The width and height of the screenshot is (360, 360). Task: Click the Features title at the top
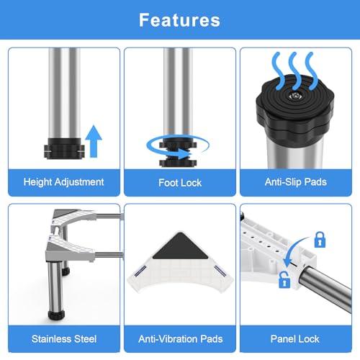(179, 20)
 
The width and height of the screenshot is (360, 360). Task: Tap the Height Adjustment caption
(64, 182)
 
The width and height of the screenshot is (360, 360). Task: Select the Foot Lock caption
(180, 183)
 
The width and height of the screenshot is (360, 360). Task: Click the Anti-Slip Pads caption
(296, 182)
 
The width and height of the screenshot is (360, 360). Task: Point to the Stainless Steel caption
(64, 339)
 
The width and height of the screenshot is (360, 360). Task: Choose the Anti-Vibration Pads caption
(181, 339)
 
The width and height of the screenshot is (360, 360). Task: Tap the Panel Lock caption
(295, 339)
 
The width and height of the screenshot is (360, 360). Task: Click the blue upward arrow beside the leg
(94, 141)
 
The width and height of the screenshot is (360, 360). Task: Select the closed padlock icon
(320, 240)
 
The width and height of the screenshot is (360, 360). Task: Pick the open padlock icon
(284, 280)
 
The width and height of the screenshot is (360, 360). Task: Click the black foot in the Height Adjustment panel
(64, 149)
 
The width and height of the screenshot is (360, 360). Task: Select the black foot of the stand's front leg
(56, 315)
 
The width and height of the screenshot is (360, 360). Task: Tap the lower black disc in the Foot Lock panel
(178, 163)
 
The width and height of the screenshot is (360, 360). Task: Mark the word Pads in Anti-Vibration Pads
(212, 339)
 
